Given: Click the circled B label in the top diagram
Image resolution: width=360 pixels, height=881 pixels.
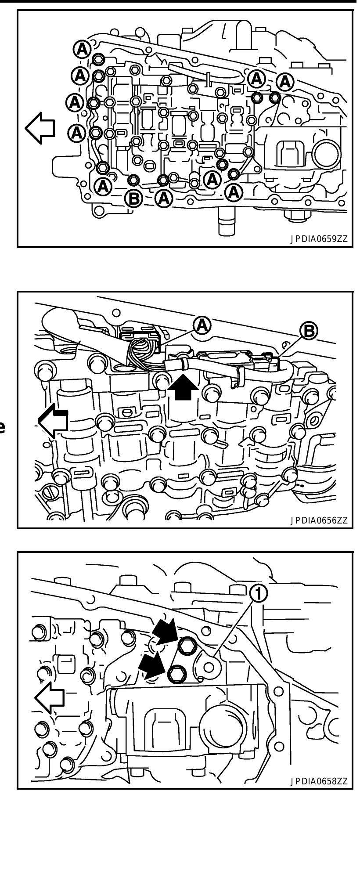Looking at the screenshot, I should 134,199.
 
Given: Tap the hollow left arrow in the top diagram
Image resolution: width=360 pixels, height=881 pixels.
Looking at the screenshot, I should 40,128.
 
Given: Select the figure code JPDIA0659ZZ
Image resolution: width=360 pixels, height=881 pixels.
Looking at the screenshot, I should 318,239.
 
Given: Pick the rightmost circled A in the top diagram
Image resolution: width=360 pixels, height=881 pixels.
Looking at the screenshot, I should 285,81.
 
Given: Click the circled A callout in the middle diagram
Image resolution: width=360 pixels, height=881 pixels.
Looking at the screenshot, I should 202,325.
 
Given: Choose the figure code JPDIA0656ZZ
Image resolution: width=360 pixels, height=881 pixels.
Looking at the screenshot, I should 318,521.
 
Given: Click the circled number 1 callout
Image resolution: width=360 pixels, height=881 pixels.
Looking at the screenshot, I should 258,594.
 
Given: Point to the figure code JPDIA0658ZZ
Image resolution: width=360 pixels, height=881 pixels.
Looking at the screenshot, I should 318,781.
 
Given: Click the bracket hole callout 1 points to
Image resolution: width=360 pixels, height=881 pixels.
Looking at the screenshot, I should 209,667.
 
